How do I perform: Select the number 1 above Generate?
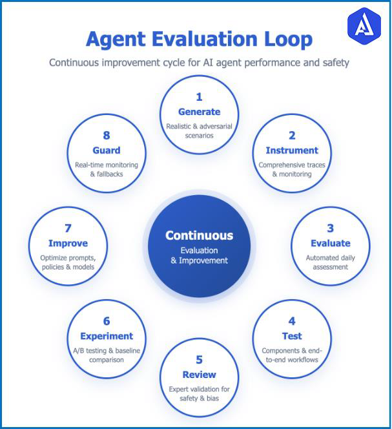pyautogui.click(x=199, y=97)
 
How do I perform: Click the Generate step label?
pyautogui.click(x=199, y=112)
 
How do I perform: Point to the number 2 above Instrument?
pyautogui.click(x=292, y=136)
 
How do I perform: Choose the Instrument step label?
pyautogui.click(x=292, y=151)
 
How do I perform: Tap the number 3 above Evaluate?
pyautogui.click(x=331, y=228)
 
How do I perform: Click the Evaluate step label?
pyautogui.click(x=331, y=244)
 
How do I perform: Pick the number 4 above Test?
pyautogui.click(x=292, y=321)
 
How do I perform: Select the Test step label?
pyautogui.click(x=292, y=336)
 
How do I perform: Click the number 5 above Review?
pyautogui.click(x=199, y=360)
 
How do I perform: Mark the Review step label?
pyautogui.click(x=199, y=375)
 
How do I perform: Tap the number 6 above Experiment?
pyautogui.click(x=107, y=321)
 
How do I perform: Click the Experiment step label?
pyautogui.click(x=107, y=336)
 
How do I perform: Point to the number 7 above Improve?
pyautogui.click(x=68, y=228)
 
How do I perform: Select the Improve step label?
pyautogui.click(x=68, y=244)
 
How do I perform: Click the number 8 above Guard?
pyautogui.click(x=107, y=136)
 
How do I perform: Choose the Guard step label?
pyautogui.click(x=107, y=151)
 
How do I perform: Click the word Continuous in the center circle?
pyautogui.click(x=199, y=236)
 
